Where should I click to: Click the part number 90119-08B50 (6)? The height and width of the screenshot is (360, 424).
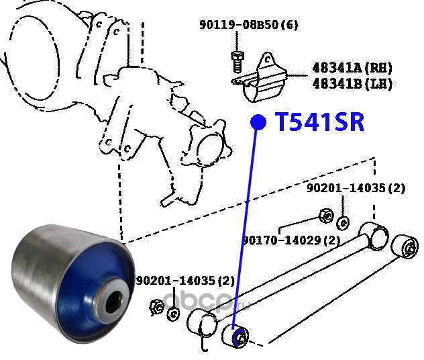pyautogui.click(x=248, y=26)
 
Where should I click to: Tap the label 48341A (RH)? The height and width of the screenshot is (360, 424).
pyautogui.click(x=351, y=69)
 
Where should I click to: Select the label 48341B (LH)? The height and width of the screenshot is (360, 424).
pyautogui.click(x=351, y=84)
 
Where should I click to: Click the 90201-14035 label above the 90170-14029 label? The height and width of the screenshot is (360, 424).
pyautogui.click(x=356, y=189)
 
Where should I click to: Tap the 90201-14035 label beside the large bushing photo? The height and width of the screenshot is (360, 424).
pyautogui.click(x=185, y=280)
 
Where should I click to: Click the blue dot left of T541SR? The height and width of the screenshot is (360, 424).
pyautogui.click(x=258, y=122)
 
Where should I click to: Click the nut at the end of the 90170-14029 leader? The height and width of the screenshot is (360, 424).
pyautogui.click(x=323, y=216)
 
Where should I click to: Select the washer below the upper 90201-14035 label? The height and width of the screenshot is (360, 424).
pyautogui.click(x=343, y=221)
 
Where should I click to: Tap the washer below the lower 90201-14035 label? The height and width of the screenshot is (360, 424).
pyautogui.click(x=172, y=312)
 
